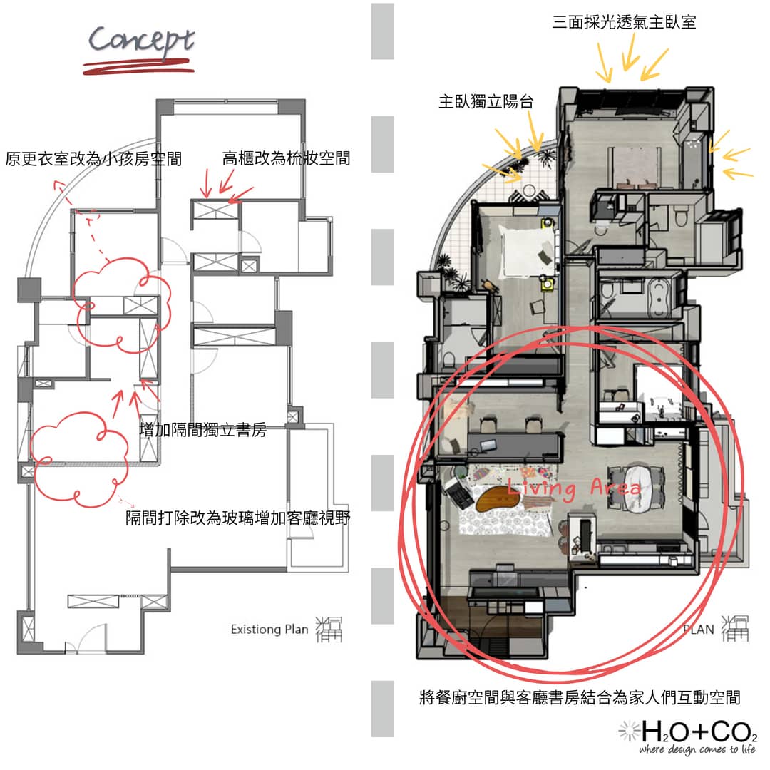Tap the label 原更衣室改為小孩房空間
click(93, 159)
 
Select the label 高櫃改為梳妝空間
click(287, 158)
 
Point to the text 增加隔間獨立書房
click(203, 430)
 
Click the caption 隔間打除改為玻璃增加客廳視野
click(237, 518)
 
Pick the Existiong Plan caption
click(269, 629)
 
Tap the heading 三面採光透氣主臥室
click(624, 22)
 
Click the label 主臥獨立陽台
click(486, 102)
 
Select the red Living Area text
click(574, 487)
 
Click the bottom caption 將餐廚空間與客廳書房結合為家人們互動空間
click(580, 697)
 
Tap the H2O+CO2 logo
click(688, 731)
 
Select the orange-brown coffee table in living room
click(498, 498)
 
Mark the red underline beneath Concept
click(138, 67)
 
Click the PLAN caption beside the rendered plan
click(698, 630)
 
